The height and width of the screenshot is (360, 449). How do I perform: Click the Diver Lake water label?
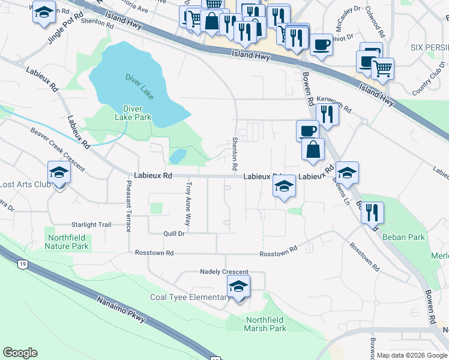(140, 86)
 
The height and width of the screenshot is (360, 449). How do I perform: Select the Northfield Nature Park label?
(68, 242)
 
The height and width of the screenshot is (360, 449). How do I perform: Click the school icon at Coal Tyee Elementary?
(238, 288)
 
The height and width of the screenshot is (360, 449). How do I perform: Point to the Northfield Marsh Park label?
(265, 324)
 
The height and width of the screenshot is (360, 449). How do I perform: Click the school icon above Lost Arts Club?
(59, 173)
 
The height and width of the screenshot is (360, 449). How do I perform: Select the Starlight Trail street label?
(91, 224)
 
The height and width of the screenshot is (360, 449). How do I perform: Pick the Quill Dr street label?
(173, 234)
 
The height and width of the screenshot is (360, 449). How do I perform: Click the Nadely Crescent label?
(224, 272)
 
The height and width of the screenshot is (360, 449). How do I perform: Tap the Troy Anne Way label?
(188, 203)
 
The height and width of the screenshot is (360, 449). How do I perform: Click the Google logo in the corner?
(20, 353)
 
